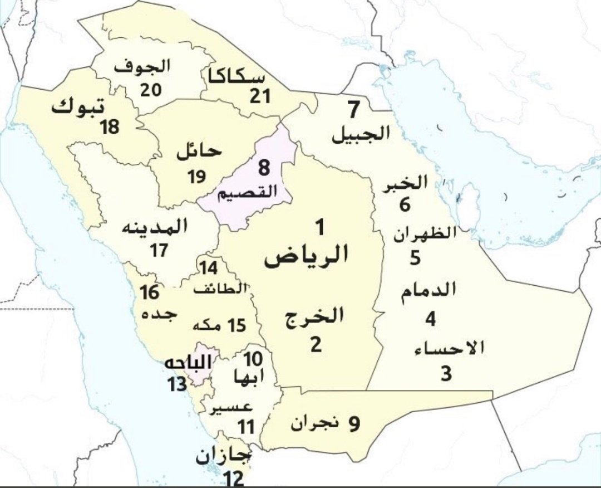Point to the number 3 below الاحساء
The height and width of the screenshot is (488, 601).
click(x=446, y=373)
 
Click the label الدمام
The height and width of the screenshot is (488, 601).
click(x=430, y=290)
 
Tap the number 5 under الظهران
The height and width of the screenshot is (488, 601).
click(x=415, y=258)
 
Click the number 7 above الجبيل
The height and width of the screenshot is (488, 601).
click(x=354, y=110)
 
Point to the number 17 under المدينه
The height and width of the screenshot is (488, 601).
click(x=159, y=251)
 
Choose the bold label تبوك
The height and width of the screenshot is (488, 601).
click(x=78, y=106)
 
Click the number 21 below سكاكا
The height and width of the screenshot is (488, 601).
click(x=259, y=96)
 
